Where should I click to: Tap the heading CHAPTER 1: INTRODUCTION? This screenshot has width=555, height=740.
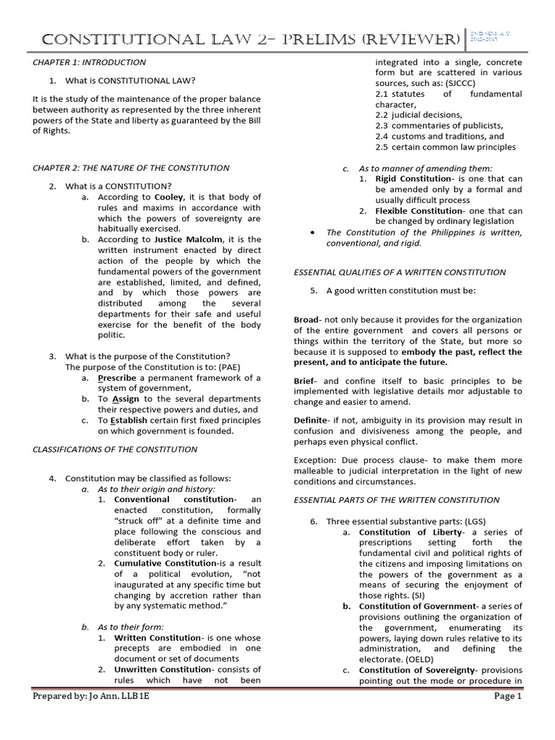[89, 62]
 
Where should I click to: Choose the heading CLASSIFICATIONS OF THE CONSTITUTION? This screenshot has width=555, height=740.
[115, 449]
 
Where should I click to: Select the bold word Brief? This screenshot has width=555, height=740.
[306, 380]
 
